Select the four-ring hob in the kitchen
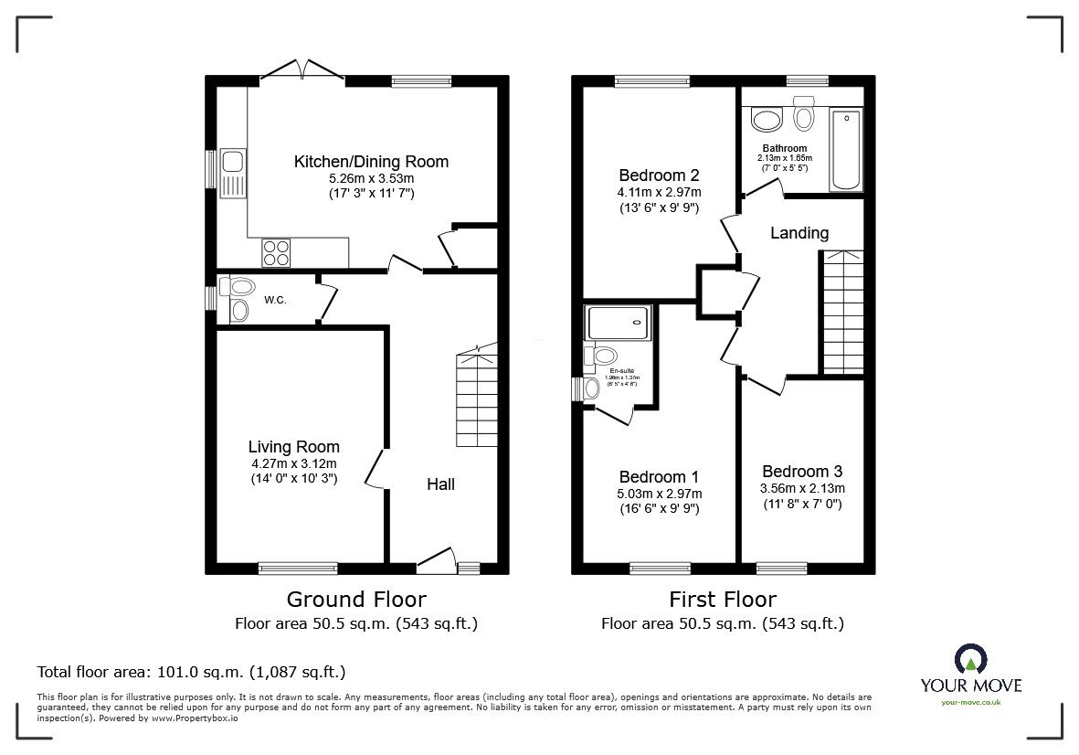[276, 251]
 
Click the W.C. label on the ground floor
[276, 299]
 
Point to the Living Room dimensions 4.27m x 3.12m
[293, 463]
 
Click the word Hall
[440, 484]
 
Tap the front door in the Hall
[435, 560]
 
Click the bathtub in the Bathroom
[846, 150]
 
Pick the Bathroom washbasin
[765, 119]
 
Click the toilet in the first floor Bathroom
[804, 115]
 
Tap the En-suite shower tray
[619, 324]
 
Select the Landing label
[799, 233]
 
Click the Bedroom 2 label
[658, 175]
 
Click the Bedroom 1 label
[658, 477]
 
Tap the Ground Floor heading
[355, 600]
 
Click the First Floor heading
[722, 600]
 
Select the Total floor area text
[191, 672]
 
